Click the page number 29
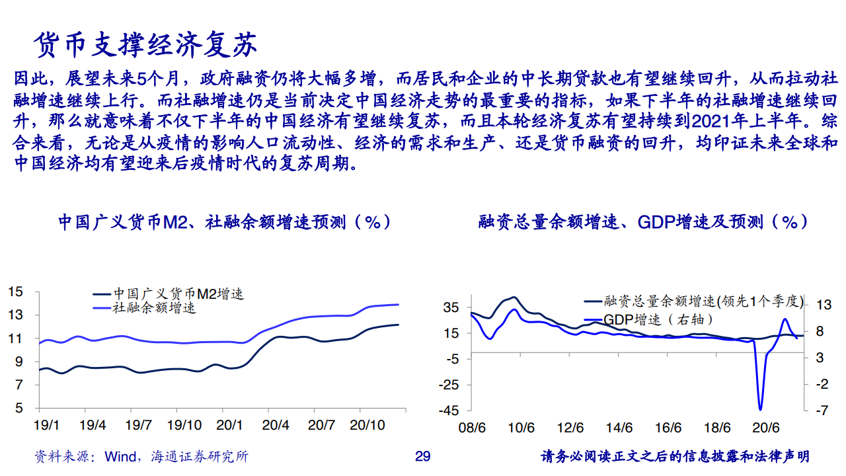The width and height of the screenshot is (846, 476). (x=422, y=456)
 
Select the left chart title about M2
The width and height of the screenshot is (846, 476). (x=225, y=221)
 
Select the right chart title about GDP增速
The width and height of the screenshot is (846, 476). (x=642, y=221)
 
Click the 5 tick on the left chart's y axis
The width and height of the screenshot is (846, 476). (x=19, y=408)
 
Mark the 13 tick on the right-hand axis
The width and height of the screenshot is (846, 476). (x=824, y=305)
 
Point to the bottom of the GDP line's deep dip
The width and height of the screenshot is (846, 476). (x=760, y=409)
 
